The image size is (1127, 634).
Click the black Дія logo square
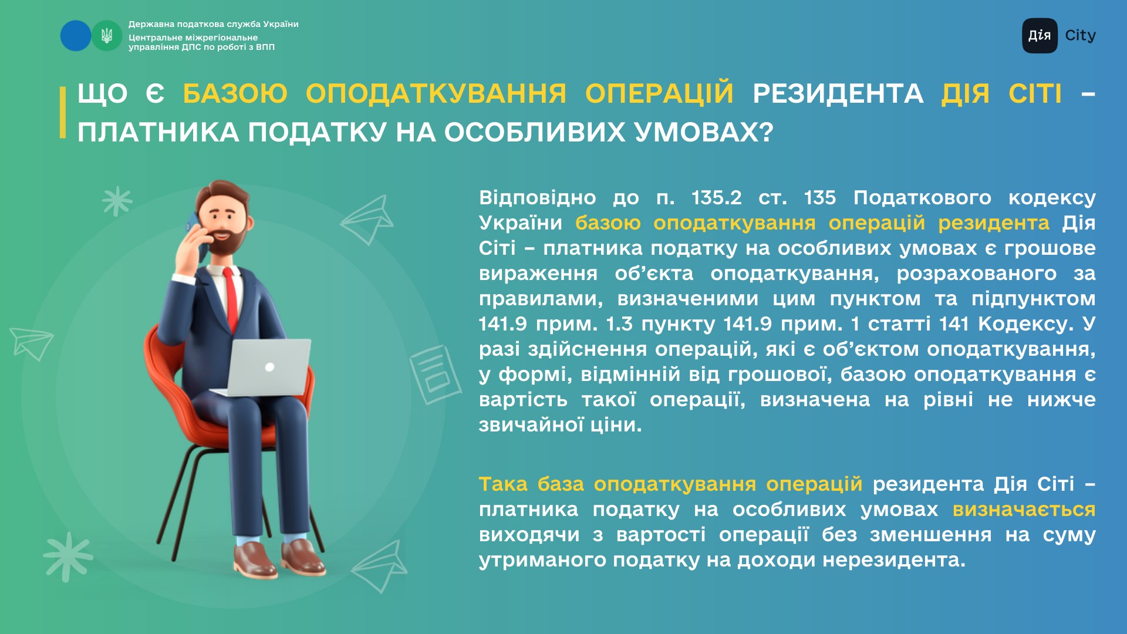click(x=1040, y=36)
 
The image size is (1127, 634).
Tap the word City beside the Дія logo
click(x=1080, y=36)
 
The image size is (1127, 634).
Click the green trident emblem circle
click(x=107, y=36)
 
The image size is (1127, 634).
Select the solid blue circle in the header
click(x=76, y=36)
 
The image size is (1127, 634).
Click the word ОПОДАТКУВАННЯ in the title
click(x=436, y=93)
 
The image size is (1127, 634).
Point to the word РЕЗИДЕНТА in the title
click(x=838, y=93)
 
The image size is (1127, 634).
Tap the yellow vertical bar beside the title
click(x=63, y=112)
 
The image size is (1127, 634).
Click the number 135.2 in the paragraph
click(x=716, y=198)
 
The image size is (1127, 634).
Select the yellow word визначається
click(x=1024, y=510)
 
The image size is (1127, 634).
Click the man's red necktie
click(x=231, y=299)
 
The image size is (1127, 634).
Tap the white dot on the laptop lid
click(x=269, y=367)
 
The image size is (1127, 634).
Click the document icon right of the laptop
click(x=435, y=375)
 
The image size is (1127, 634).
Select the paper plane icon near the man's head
click(x=367, y=220)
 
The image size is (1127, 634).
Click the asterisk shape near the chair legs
click(x=68, y=557)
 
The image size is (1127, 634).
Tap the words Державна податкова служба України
click(x=214, y=24)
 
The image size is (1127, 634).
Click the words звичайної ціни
click(x=560, y=425)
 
